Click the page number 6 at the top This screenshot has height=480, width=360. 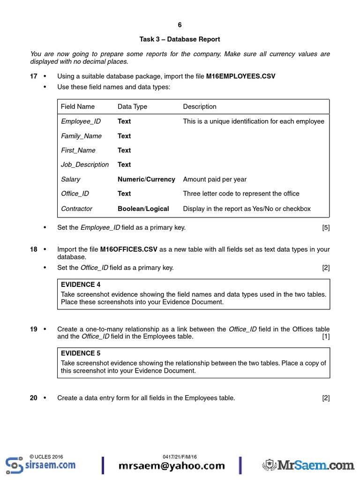coord(180,25)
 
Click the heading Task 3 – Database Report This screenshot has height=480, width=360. coord(180,39)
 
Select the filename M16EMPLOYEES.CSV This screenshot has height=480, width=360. coord(244,76)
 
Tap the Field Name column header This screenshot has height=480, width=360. coord(78,107)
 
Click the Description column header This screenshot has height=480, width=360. coord(200,107)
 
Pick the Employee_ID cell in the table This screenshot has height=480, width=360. coord(81,121)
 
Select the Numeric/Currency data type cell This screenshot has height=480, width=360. coord(146,179)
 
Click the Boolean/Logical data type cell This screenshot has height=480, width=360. coord(143,209)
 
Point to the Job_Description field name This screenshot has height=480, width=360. coord(85,165)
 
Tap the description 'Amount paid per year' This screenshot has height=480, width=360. coord(215,179)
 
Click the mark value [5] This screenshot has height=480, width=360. coord(326,228)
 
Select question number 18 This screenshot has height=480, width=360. coord(34,249)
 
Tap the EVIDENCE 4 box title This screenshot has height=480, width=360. coord(81,285)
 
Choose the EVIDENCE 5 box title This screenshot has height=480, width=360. coord(81,353)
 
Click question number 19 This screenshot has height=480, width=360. coord(34,329)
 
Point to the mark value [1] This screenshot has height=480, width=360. coord(326,337)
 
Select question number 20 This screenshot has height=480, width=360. coord(34,398)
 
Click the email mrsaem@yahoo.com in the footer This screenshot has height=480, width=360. coord(172,466)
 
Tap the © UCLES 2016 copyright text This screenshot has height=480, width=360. coord(46,457)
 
